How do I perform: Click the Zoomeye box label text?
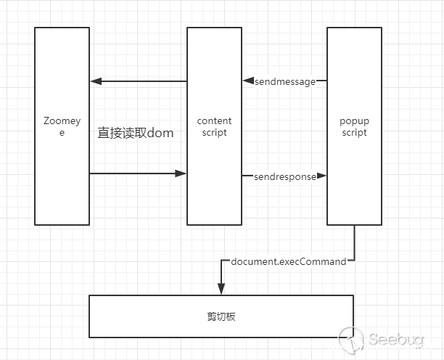click(x=62, y=127)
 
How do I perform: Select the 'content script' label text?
click(x=214, y=127)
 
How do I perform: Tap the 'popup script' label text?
click(x=354, y=127)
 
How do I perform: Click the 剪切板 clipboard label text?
click(x=221, y=316)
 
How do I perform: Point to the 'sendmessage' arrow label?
click(x=285, y=82)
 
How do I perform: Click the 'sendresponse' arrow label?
click(x=285, y=176)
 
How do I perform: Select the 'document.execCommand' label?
click(x=288, y=261)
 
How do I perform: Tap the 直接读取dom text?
click(x=135, y=134)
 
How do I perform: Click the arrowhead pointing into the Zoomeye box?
click(x=95, y=81)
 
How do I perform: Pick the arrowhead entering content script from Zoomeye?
click(x=181, y=173)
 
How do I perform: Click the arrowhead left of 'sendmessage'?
click(x=247, y=81)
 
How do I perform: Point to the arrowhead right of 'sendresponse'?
click(x=322, y=176)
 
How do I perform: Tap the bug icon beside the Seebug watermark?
click(x=353, y=339)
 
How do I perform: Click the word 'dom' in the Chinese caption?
click(x=160, y=134)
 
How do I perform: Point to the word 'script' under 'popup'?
click(x=354, y=133)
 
